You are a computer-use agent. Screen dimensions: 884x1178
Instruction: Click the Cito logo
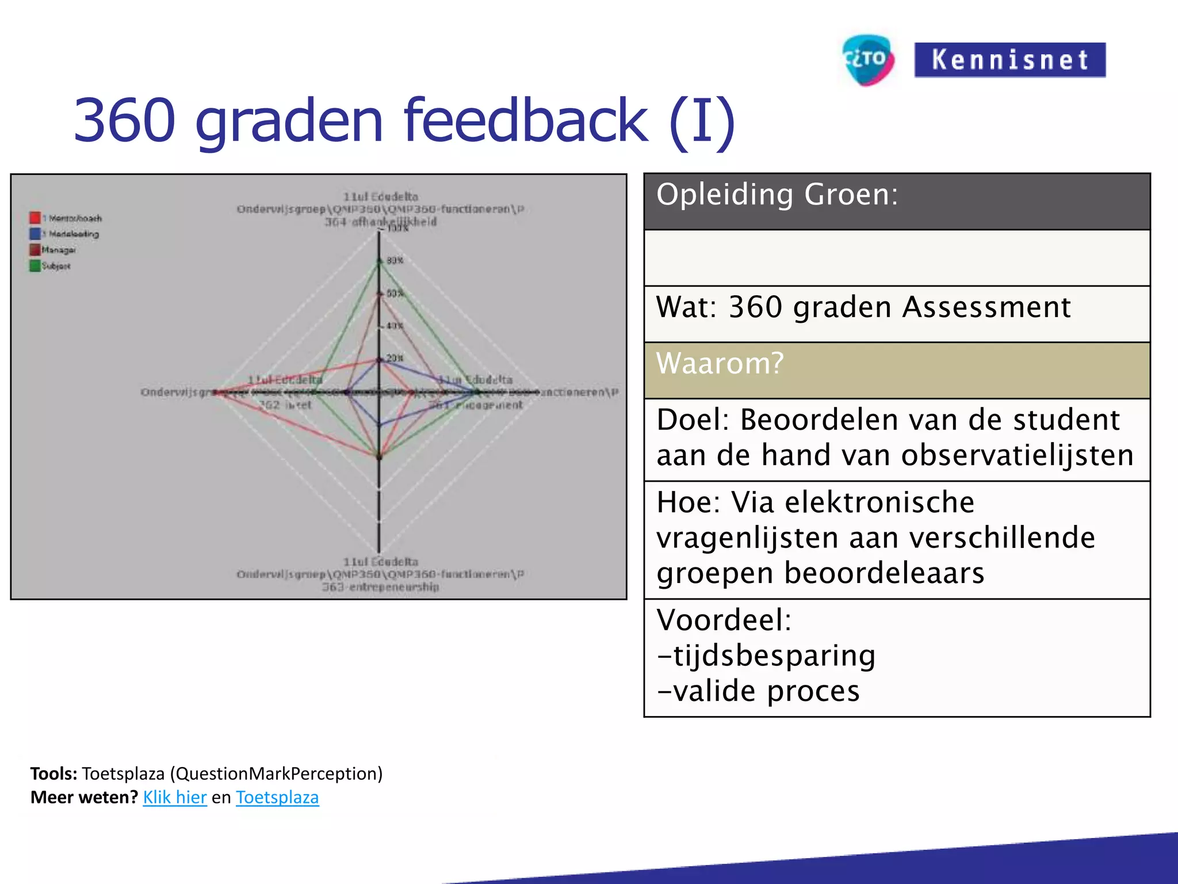click(x=867, y=59)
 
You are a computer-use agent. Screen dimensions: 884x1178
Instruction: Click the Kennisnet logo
click(x=1009, y=60)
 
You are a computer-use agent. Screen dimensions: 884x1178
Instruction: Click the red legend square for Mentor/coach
click(x=35, y=218)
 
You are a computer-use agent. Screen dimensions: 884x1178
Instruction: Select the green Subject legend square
click(x=35, y=266)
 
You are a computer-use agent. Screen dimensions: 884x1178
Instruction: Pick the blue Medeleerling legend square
click(x=35, y=234)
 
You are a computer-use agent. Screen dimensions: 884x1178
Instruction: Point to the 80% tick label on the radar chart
click(x=395, y=260)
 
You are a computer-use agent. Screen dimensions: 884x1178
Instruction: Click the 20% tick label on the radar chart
click(x=395, y=358)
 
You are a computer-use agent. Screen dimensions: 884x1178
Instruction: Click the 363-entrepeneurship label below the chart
click(x=380, y=587)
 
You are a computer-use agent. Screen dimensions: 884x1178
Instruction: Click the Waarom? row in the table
click(x=896, y=370)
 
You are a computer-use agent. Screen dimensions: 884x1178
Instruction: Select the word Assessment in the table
click(x=986, y=307)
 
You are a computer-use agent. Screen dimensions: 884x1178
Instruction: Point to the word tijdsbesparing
click(x=774, y=656)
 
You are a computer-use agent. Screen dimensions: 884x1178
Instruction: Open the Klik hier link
click(x=175, y=798)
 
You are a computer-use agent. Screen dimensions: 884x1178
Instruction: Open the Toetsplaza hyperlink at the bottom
click(x=277, y=798)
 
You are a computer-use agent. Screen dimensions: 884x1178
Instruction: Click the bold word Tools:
click(x=53, y=773)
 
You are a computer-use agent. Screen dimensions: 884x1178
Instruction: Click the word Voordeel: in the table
click(x=724, y=620)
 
